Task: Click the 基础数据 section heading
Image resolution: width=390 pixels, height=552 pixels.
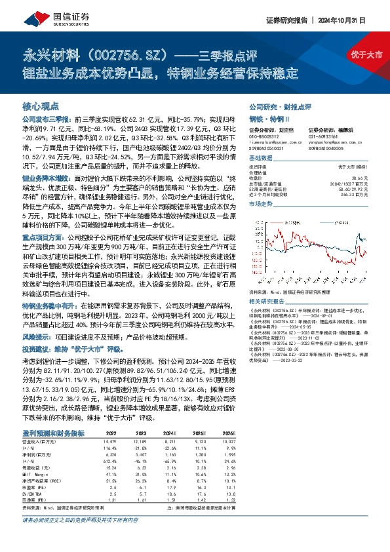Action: [260, 159]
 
